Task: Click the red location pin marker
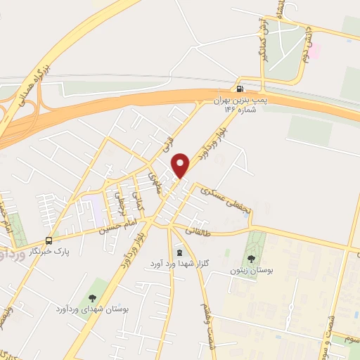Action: [181, 165]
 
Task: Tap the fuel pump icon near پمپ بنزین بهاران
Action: [240, 89]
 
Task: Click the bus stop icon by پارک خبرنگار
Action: [49, 239]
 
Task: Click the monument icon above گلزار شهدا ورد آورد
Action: [179, 252]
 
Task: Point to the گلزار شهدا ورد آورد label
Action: [175, 263]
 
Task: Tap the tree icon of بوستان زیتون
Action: [252, 258]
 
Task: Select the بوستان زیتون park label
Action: [250, 270]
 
